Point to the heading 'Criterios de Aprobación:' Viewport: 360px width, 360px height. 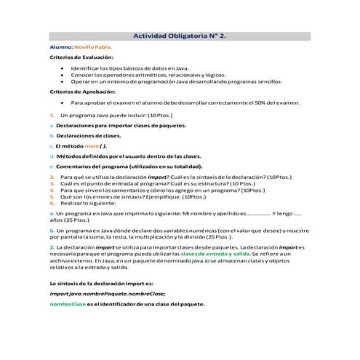click(82, 92)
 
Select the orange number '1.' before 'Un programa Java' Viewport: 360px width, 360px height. click(52, 115)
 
